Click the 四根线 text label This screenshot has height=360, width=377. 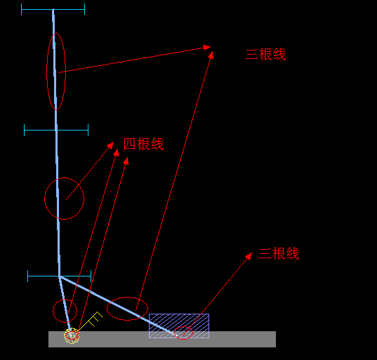coord(143,144)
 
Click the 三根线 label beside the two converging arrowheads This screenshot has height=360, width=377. coord(265,54)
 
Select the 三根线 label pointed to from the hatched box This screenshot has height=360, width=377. coord(279,253)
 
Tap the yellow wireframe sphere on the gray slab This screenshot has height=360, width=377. coord(72,335)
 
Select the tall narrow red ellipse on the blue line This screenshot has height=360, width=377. coord(46,72)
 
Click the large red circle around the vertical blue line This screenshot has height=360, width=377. coord(45,199)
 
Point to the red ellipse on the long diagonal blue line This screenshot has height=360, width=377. coord(128,298)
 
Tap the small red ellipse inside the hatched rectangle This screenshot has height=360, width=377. coord(183,326)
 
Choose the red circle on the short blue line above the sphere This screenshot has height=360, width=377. coord(65,300)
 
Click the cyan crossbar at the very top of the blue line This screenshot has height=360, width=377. coord(53,9)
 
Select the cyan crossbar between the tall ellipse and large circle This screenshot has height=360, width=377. coord(56,131)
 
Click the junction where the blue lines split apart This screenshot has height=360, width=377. coord(60,277)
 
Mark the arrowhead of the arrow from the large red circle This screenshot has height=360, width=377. coord(111,145)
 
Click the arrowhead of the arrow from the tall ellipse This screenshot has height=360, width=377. coord(207,47)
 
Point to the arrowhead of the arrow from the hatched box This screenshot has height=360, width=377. coord(249,256)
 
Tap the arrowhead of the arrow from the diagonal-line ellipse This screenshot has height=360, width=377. coord(211,55)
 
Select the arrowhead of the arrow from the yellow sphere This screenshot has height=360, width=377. coord(126,161)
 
